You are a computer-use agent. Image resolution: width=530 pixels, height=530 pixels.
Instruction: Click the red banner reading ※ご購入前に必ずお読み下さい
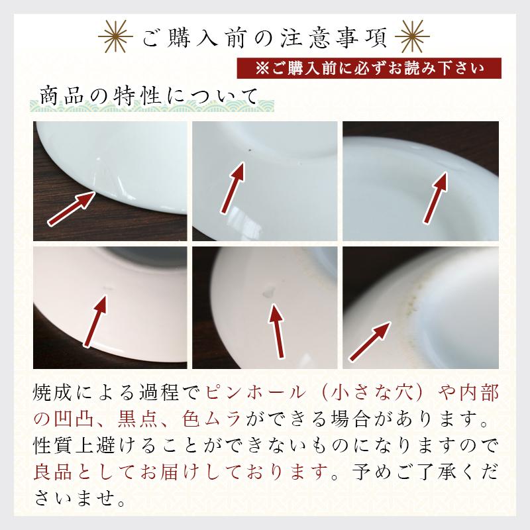point(369,68)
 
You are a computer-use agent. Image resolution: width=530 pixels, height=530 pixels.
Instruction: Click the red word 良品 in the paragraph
point(50,470)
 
